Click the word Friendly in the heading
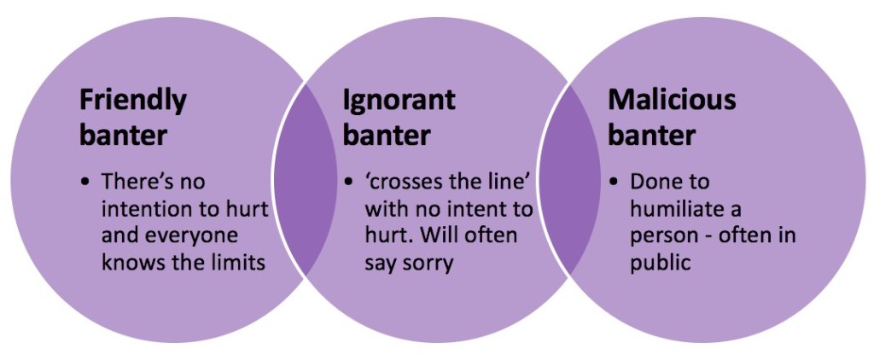(132, 100)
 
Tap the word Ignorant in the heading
(399, 100)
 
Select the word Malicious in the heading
(672, 100)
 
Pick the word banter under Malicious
(651, 135)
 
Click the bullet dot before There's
(85, 183)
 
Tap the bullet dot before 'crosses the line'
(349, 183)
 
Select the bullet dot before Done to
(615, 183)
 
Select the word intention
(143, 208)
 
